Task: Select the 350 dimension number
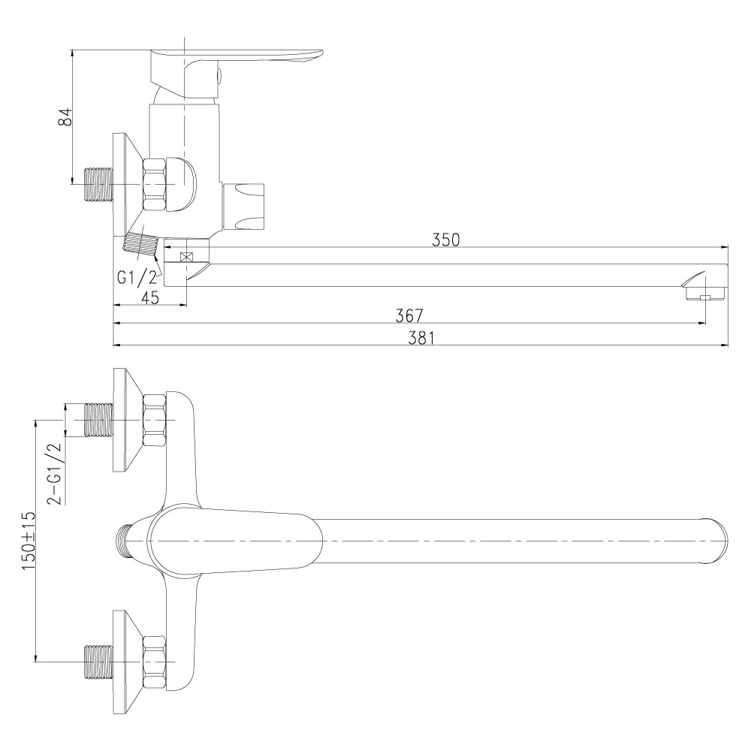(445, 240)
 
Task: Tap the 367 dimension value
(409, 315)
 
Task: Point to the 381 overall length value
(421, 338)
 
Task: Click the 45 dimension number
(150, 297)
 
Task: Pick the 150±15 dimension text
(29, 541)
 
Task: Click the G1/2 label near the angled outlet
(137, 277)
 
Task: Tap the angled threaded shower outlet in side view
(140, 245)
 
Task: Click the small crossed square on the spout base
(185, 257)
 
